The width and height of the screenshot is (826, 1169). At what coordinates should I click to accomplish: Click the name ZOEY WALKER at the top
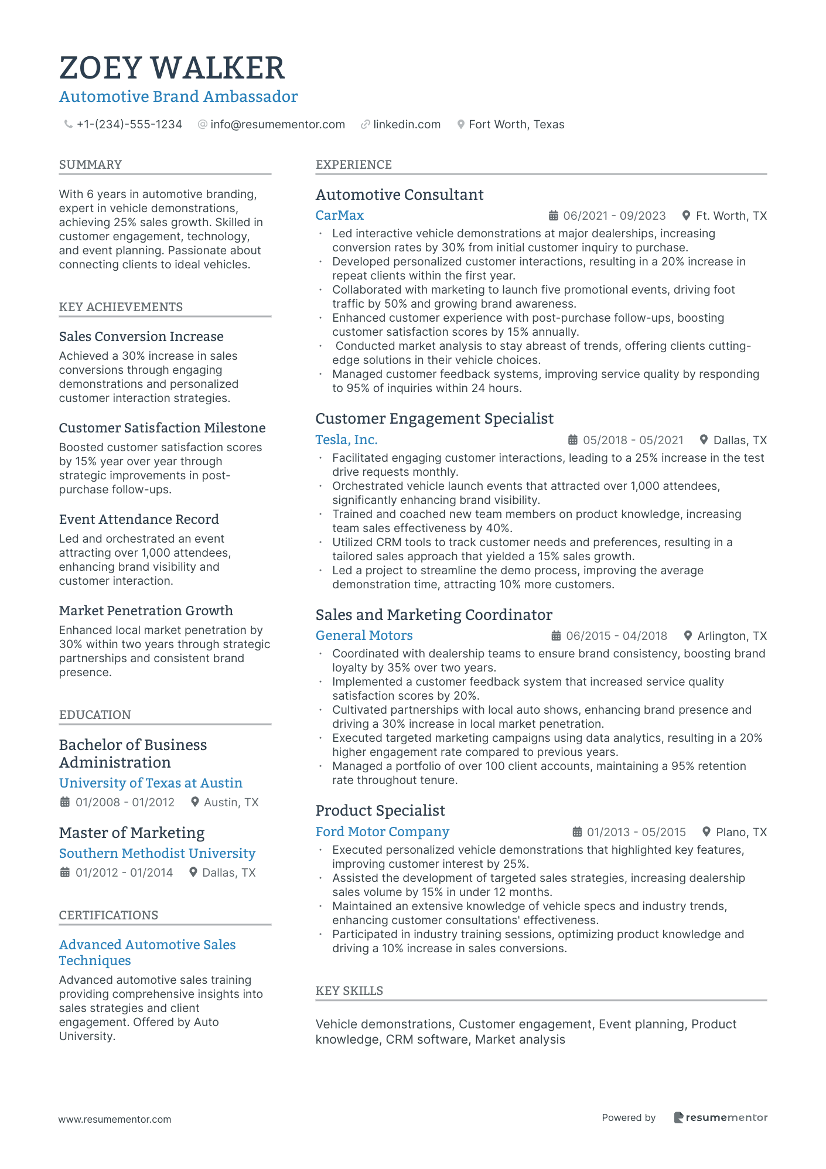pos(172,68)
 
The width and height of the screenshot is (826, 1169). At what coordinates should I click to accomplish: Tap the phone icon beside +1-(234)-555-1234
pos(69,124)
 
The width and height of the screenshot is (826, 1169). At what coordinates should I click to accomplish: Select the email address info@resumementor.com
pos(277,124)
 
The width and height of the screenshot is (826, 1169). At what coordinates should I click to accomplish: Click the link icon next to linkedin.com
pos(365,124)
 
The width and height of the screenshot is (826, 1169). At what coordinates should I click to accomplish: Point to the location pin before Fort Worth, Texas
pos(461,124)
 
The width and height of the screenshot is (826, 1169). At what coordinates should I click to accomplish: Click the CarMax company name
pos(340,216)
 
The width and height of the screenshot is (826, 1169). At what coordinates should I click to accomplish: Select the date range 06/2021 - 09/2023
pos(614,216)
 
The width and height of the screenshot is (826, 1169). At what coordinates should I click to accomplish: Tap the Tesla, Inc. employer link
pos(346,440)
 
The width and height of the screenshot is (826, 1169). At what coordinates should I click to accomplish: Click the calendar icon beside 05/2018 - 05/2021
pos(573,440)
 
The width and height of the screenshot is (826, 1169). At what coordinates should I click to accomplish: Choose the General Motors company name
pos(364,636)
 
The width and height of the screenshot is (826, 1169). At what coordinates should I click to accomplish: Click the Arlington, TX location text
pos(732,636)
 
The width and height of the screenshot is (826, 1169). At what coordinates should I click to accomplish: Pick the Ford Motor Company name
pos(382,832)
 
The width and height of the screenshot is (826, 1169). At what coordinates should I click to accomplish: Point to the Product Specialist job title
pos(380,811)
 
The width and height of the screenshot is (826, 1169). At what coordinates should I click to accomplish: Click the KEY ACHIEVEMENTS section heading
pos(121,307)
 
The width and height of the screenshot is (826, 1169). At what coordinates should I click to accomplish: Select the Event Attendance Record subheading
pos(139,519)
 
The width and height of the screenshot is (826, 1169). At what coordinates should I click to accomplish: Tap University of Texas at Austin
pos(151,783)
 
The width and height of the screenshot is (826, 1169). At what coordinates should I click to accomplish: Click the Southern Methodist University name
pos(157,854)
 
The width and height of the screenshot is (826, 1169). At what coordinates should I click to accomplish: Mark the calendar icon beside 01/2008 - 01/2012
pos(65,802)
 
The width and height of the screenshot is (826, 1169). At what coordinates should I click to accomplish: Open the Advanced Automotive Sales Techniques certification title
pos(147,952)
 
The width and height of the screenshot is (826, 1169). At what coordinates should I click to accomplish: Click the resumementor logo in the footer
pos(721,1117)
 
